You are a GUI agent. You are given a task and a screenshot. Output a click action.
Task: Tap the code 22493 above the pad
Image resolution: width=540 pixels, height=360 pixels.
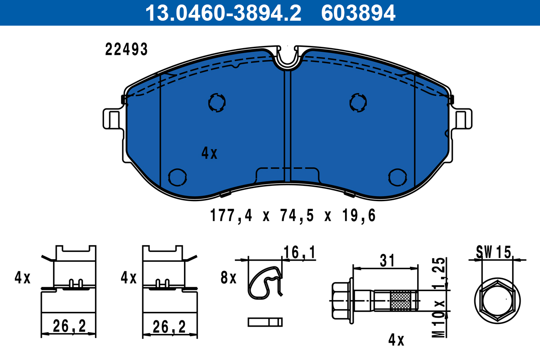(126, 49)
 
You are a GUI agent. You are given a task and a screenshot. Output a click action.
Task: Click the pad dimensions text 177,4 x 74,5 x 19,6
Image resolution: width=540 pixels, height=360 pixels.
(292, 216)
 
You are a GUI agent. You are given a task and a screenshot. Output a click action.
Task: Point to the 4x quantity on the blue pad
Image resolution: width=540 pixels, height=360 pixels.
(209, 154)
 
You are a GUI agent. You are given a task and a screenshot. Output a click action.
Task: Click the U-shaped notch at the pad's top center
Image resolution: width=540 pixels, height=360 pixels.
(288, 58)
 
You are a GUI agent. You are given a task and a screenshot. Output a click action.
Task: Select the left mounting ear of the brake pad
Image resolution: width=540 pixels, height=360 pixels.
(112, 119)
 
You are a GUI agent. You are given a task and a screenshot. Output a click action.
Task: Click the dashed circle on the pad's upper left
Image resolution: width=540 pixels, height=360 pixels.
(217, 103)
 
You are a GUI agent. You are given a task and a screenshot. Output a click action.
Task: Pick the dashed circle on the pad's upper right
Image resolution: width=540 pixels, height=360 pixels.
(359, 102)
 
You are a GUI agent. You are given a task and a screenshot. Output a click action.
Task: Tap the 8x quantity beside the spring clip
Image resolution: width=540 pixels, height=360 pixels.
(229, 278)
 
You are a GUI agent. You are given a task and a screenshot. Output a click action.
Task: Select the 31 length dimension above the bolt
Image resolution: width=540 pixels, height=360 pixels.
(387, 260)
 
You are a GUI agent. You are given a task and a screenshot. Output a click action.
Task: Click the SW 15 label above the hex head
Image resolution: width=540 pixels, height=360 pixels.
(494, 252)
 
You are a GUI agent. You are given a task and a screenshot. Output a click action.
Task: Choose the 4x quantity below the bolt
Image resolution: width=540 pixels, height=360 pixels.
(396, 340)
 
